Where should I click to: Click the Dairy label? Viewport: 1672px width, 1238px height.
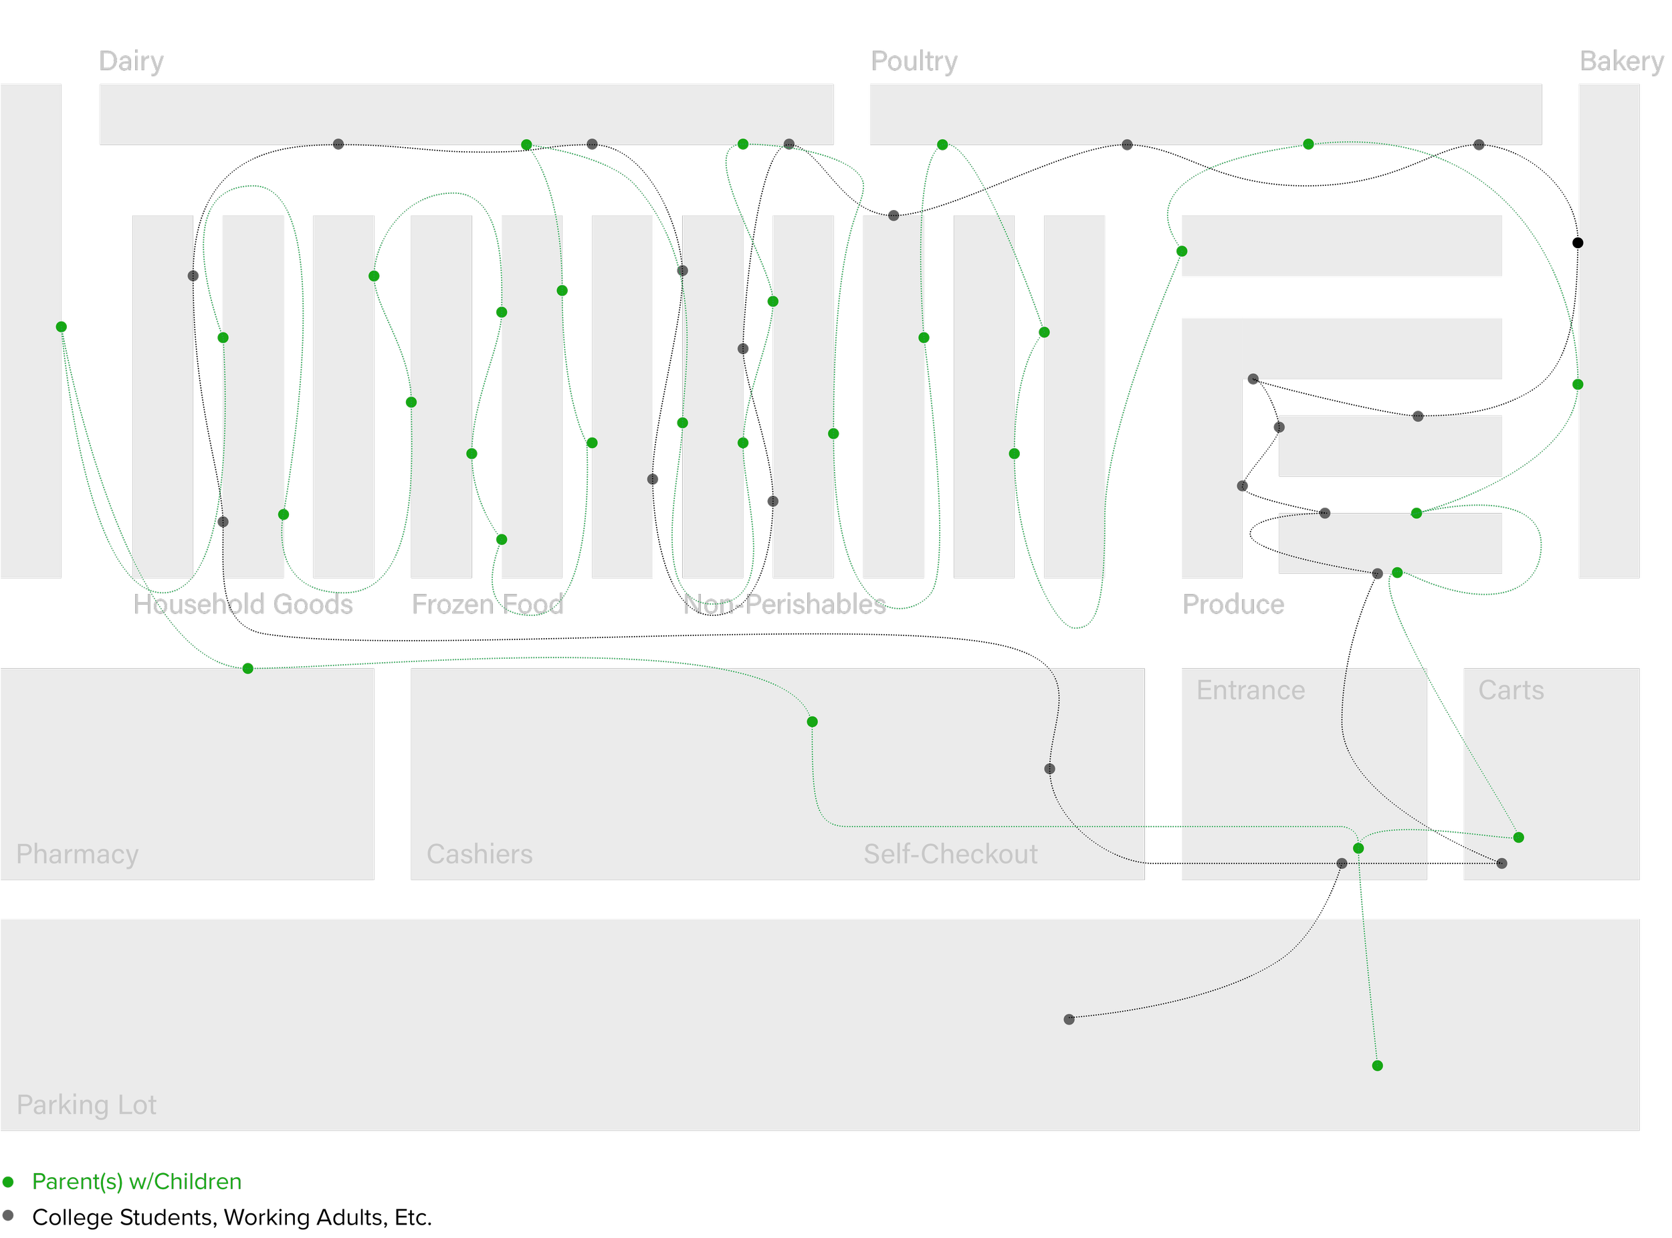131,61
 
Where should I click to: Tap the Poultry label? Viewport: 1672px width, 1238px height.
914,61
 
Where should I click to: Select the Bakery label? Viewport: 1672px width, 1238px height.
1621,61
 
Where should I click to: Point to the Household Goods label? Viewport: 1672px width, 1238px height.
243,604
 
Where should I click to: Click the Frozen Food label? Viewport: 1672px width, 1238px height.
487,604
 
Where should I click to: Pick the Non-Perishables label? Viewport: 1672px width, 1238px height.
784,604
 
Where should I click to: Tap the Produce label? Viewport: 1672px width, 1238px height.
1233,604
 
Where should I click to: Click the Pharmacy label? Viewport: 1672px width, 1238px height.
77,853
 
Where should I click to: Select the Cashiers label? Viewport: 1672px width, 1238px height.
480,853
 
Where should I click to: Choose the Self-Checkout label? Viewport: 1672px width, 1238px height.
950,853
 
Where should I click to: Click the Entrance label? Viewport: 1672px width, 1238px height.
1250,690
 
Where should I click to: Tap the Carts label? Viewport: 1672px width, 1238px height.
1511,690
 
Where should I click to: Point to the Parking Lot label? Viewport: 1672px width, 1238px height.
86,1105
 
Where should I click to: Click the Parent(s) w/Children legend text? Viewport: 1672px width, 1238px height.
136,1182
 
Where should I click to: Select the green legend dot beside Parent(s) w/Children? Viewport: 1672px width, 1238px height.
8,1182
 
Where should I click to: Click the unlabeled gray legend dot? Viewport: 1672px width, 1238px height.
8,1215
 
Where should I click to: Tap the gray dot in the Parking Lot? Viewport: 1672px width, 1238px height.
1069,1019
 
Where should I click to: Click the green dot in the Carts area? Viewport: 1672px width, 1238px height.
1518,837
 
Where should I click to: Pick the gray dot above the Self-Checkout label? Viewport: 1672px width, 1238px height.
1050,769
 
